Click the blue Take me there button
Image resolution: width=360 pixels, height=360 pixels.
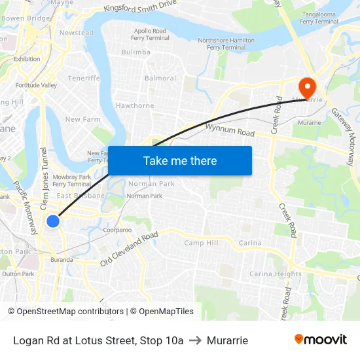coord(180,160)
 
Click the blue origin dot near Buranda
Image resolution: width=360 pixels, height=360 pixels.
coord(53,221)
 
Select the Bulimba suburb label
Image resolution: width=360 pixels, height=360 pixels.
coord(136,52)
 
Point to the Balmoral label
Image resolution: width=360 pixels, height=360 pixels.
coord(160,78)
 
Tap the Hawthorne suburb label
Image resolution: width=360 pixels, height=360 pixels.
coord(135,105)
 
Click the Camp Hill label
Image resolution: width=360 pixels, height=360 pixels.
coord(201,243)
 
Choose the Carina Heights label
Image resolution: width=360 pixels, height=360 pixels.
coord(276,274)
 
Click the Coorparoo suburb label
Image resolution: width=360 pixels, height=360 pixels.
coord(117,230)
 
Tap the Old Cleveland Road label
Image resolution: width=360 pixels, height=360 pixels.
coord(130,249)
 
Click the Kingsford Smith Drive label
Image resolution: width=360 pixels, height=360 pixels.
coord(140,7)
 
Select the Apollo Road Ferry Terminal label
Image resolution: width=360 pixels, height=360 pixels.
coord(151,34)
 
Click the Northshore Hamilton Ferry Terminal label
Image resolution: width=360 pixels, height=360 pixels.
coord(226,44)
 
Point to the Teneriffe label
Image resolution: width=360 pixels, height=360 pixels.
coord(84,78)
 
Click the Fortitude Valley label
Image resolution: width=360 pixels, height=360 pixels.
coord(36,85)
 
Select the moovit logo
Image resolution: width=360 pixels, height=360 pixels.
coord(321,340)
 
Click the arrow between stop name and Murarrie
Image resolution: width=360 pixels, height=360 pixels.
coord(195,340)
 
